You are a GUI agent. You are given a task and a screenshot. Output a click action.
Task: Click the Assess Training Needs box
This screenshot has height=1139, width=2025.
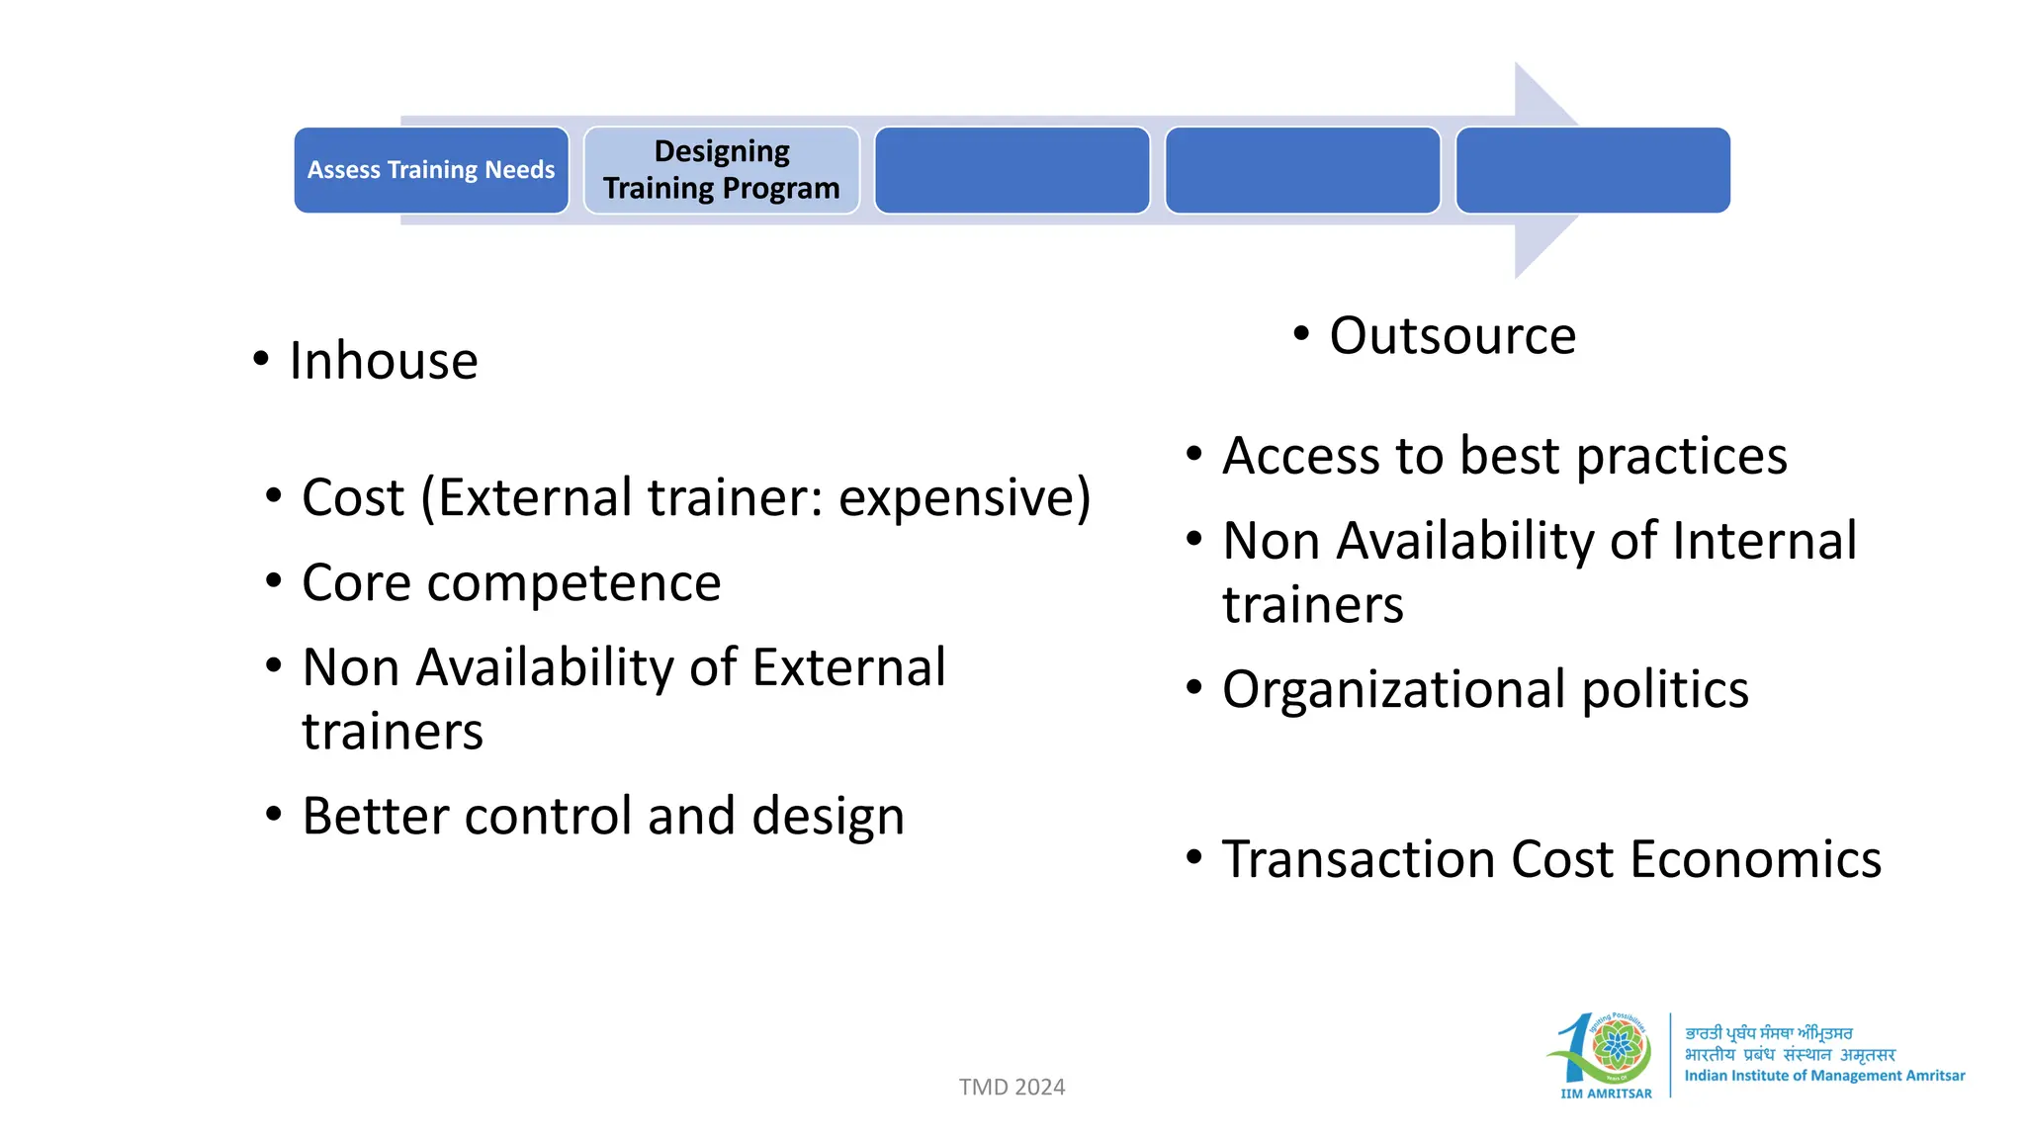coord(431,170)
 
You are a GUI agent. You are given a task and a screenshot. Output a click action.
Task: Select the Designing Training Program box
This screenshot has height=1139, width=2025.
coord(722,170)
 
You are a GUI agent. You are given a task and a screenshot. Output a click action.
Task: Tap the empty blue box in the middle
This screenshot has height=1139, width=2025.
coord(1012,170)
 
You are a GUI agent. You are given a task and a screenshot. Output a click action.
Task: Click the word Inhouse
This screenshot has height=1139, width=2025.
coord(384,361)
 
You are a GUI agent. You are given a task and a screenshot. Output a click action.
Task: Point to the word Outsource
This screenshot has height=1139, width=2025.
coord(1453,336)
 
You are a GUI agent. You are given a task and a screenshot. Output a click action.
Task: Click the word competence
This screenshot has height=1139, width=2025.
coord(573,583)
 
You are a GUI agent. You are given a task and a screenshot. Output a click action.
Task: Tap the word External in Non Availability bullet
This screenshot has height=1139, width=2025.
coord(848,667)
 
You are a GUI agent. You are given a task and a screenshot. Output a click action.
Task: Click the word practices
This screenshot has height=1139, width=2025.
coord(1681,457)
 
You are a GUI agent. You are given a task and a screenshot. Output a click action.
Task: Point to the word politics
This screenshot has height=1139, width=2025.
coord(1665,690)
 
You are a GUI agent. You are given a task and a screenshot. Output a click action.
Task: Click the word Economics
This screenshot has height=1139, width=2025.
coord(1755,859)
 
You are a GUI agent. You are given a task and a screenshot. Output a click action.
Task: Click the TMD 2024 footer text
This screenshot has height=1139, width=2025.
coord(1012,1088)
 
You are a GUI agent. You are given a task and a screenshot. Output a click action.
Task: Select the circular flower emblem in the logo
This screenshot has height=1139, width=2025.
coord(1618,1046)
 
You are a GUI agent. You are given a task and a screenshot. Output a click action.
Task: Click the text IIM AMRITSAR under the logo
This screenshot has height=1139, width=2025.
coord(1606,1094)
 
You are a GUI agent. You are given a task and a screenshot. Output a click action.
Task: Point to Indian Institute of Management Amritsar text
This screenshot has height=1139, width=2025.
coord(1824,1076)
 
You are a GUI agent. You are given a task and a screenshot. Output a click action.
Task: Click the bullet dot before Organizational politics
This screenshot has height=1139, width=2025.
coord(1194,687)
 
